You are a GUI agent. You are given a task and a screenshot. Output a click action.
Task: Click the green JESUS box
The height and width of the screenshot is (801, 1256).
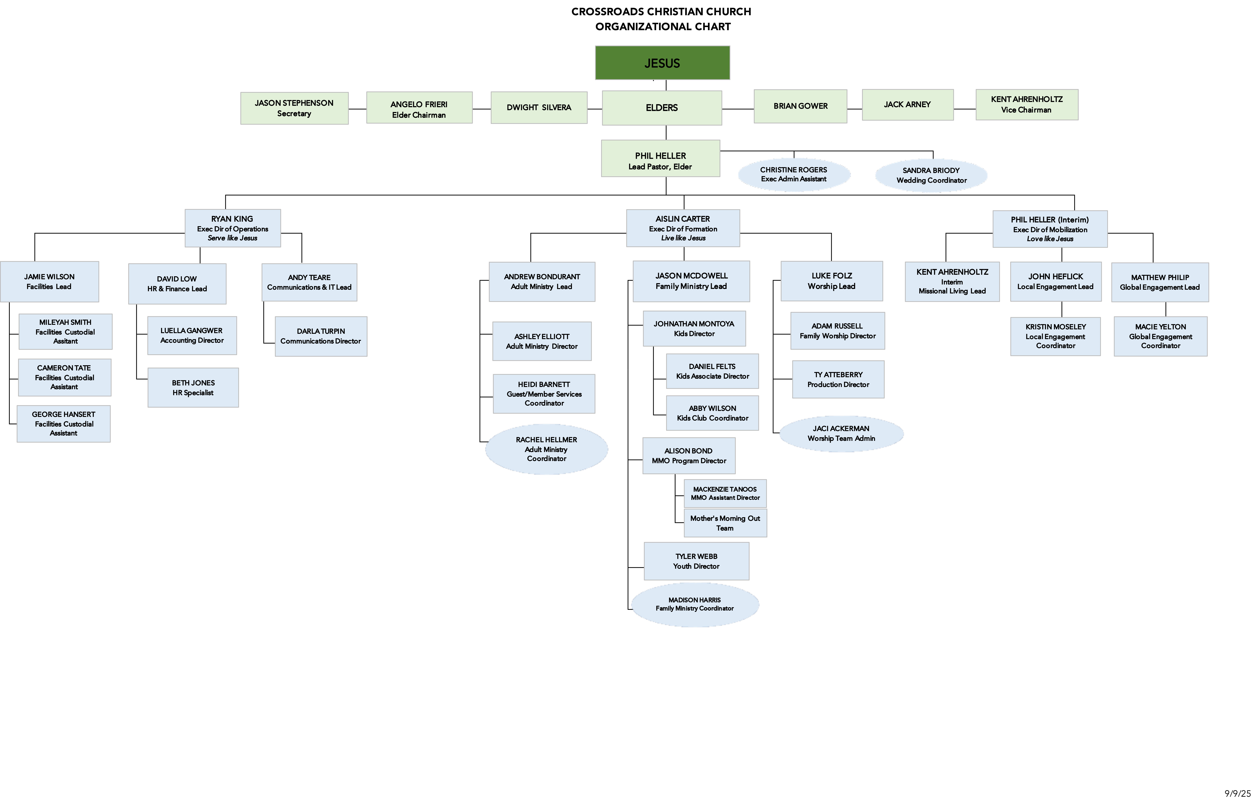tap(662, 63)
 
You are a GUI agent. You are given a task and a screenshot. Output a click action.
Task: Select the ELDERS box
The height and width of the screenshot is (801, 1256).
tap(662, 108)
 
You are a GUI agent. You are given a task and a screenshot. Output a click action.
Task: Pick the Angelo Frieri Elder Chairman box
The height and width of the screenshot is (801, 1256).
tap(419, 108)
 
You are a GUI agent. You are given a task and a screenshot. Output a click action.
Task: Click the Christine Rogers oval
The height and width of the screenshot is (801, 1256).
tap(794, 175)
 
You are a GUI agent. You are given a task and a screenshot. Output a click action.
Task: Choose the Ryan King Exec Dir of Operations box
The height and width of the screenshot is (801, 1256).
tap(233, 228)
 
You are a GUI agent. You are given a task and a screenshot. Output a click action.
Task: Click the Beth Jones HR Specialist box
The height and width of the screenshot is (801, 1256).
tap(193, 387)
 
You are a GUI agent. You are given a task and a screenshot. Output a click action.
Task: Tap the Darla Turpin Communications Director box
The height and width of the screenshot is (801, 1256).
tap(321, 336)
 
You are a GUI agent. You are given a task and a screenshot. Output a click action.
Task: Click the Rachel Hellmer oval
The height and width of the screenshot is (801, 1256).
tap(547, 449)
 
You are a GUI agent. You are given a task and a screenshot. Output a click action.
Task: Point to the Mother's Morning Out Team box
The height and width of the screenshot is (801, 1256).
tap(725, 523)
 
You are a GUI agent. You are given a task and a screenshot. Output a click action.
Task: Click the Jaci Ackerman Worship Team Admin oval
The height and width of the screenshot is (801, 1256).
tap(841, 433)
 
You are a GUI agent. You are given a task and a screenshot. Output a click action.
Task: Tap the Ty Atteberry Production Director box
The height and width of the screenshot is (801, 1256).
tap(838, 380)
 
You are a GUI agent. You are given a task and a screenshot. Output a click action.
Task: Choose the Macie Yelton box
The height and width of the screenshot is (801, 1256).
tap(1161, 336)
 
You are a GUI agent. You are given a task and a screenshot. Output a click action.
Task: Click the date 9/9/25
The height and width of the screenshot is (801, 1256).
tap(1237, 793)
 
